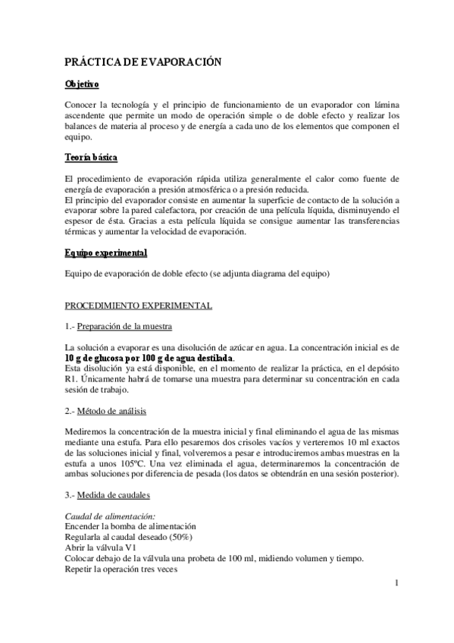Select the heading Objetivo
[x=83, y=84]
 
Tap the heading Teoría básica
[x=91, y=158]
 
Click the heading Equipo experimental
[x=106, y=252]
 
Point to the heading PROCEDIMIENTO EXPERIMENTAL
[x=139, y=306]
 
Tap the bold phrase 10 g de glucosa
[x=95, y=358]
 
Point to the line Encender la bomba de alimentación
[x=130, y=526]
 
